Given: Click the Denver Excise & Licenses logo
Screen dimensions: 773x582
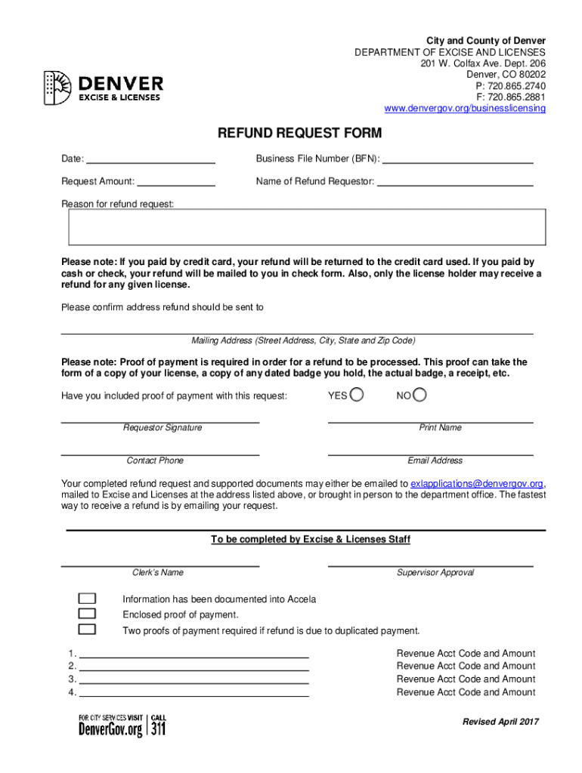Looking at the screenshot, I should (104, 87).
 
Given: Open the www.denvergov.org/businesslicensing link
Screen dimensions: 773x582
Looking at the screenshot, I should (464, 109).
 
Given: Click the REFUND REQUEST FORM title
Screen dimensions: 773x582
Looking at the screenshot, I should (300, 134).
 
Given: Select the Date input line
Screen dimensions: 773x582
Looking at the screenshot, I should (151, 159).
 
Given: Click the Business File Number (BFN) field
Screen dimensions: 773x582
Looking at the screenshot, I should (459, 159).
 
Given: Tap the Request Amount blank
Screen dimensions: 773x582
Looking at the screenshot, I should (177, 181).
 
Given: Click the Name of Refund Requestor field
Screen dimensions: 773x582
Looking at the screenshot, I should (455, 181).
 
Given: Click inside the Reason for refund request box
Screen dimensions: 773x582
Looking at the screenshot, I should (308, 227).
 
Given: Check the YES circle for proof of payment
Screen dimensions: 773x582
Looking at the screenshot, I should (357, 395).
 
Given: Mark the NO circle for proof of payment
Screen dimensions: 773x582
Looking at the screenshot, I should (420, 395).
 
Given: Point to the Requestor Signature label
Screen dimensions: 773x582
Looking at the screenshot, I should (163, 428).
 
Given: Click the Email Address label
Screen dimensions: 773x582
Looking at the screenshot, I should (435, 460).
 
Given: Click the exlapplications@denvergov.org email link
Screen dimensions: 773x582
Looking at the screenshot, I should (476, 483).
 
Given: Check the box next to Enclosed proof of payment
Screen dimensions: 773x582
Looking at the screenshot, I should (87, 614).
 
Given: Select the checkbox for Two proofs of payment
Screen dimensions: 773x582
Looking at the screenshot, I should (87, 630).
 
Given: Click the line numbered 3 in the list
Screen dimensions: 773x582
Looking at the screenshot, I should (193, 678).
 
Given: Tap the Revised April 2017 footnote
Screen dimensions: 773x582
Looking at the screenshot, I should (500, 722).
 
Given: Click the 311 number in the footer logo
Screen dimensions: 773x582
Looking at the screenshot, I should (159, 729).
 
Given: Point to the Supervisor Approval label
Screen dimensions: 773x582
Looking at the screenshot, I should (435, 573).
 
